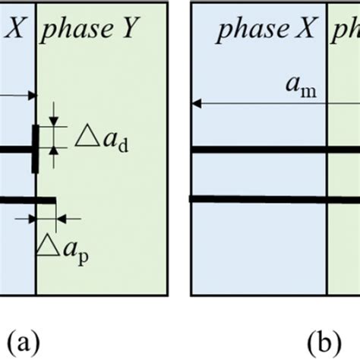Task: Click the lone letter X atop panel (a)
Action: [x=15, y=30]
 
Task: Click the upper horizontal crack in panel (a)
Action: [x=15, y=150]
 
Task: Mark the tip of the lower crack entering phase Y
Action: [x=55, y=200]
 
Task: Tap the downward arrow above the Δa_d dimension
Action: [x=54, y=122]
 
